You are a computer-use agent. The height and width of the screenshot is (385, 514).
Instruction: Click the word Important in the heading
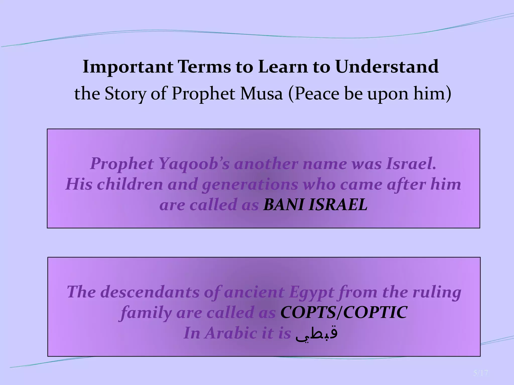(128, 67)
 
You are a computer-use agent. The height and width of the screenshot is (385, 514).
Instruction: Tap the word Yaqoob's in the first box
(194, 164)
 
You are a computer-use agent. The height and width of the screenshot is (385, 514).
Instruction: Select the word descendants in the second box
(150, 292)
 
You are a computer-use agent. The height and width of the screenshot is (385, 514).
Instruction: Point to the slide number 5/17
(480, 373)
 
